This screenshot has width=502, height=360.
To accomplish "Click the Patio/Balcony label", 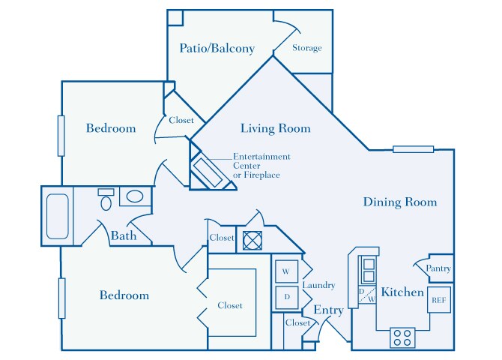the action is click(217, 49).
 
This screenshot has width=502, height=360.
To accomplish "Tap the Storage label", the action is click(307, 48).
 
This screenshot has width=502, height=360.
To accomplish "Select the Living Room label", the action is click(275, 128).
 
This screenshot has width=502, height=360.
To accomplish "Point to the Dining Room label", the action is click(400, 202).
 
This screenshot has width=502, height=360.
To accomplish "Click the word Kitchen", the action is click(402, 292).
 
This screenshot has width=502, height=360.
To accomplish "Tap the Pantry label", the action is click(438, 268).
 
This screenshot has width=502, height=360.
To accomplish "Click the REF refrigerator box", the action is click(439, 300).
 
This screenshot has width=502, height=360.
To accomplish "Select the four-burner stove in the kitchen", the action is click(402, 337).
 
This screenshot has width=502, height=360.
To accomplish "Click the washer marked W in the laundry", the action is click(286, 271).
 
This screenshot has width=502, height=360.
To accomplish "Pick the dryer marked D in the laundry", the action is click(286, 297).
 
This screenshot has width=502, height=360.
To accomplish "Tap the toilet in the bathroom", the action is click(106, 199).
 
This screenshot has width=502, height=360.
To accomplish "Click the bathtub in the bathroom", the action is click(58, 217).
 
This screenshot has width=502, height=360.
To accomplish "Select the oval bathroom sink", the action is click(135, 196).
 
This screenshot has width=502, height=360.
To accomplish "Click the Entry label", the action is click(328, 310).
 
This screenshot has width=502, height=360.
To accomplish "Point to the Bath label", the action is click(124, 236).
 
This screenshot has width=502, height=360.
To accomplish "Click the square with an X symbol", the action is click(252, 241).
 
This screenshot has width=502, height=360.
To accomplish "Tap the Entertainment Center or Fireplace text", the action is click(261, 166).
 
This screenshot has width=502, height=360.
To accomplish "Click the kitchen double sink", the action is click(369, 270).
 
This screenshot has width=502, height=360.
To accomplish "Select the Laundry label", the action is click(319, 285).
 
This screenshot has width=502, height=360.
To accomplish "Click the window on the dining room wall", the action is click(414, 149).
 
